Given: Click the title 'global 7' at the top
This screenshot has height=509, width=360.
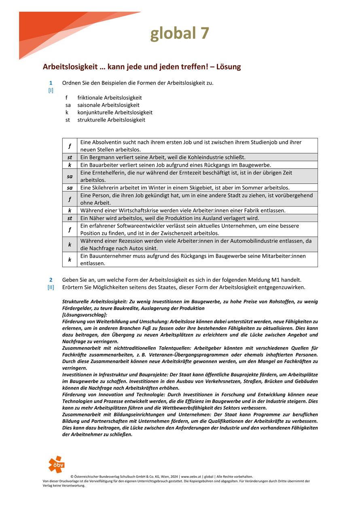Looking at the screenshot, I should point(180,33).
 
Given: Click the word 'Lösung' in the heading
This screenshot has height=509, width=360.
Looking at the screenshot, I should point(229,67).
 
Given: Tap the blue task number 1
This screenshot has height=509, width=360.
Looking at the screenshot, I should point(51,83).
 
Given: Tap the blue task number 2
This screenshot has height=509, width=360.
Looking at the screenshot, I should point(51,280).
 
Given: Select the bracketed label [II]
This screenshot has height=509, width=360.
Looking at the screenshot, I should point(51,287).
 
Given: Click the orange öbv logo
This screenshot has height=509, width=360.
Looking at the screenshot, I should point(56,464).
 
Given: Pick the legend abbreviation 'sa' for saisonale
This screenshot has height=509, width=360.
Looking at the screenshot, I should point(68,105).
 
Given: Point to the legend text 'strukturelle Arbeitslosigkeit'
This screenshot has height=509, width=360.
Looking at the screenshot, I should point(111,120).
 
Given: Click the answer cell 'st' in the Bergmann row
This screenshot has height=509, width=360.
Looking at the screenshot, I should point(70,157).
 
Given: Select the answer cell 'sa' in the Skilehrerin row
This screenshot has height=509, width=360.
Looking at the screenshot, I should point(70,188).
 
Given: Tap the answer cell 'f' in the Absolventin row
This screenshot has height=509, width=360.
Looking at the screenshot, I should point(70,146).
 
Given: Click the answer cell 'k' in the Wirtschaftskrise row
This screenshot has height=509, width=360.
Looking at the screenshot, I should point(70,210).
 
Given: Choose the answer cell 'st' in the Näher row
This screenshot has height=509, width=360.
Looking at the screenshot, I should point(70,218).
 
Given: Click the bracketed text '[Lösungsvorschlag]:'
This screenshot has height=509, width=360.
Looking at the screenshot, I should point(85,314).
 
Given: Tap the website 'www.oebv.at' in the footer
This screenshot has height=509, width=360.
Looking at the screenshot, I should point(192,477).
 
